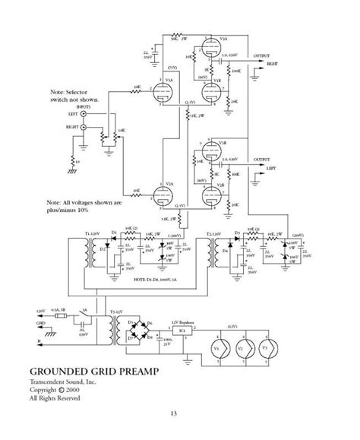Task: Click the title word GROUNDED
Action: pyautogui.click(x=62, y=372)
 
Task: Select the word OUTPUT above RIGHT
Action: pyautogui.click(x=261, y=55)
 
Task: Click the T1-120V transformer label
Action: pyautogui.click(x=93, y=225)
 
